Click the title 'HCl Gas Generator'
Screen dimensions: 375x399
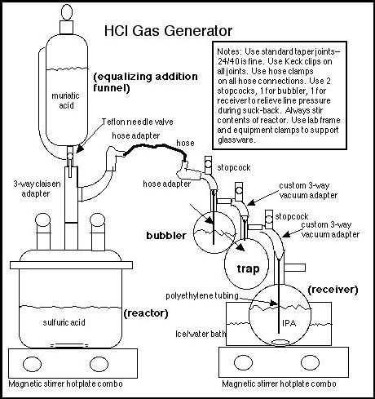(x=168, y=31)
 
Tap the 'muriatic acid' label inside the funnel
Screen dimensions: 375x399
(x=65, y=100)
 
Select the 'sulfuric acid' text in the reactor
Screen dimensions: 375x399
(x=64, y=322)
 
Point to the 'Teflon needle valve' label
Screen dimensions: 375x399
(x=138, y=122)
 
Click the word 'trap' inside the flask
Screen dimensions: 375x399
(x=248, y=269)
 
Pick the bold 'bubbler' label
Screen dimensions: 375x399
(x=166, y=235)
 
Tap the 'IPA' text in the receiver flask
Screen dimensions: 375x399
(x=289, y=323)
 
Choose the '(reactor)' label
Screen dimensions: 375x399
(x=146, y=313)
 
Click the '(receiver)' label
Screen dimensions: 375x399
(x=333, y=290)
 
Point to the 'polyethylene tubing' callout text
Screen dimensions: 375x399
(x=202, y=295)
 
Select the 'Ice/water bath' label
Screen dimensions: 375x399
(x=201, y=334)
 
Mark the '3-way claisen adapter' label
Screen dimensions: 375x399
(x=37, y=188)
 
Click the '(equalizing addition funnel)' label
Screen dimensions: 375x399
(x=145, y=82)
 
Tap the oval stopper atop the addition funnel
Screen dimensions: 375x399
(x=67, y=12)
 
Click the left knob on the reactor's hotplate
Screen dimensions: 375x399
(x=33, y=364)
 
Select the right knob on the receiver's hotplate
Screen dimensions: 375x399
(x=311, y=362)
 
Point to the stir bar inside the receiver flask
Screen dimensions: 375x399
(x=279, y=342)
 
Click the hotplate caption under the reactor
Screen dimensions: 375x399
(x=65, y=383)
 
